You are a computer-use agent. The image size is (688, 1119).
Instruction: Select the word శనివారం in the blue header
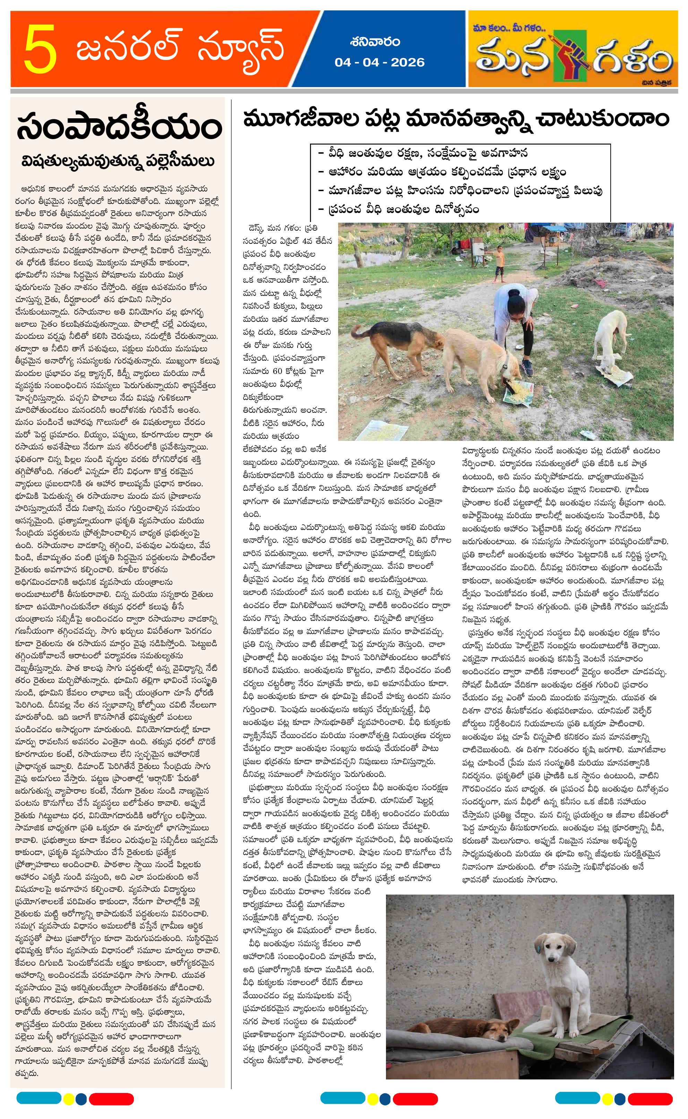coord(376,42)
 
